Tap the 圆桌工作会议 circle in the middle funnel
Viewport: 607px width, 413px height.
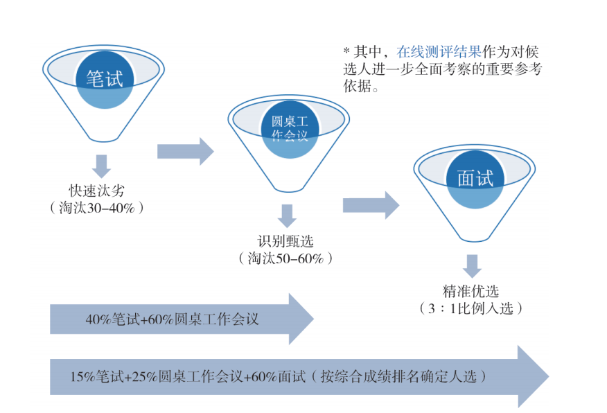285,128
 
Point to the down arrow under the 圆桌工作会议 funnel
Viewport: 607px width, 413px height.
286,216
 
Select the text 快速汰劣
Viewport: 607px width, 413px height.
96,191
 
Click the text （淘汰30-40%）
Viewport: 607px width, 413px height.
96,207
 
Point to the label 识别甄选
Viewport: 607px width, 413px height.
285,241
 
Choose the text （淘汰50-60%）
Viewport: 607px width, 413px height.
285,258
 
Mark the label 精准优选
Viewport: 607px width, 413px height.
471,291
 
